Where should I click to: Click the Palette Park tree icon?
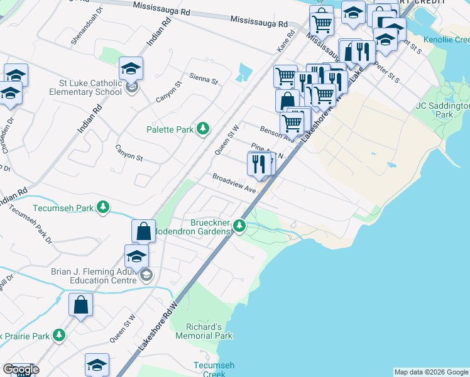point(202,129)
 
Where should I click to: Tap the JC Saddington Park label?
point(442,111)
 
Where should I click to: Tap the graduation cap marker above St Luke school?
point(131,68)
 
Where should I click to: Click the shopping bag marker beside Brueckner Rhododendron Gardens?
point(144,231)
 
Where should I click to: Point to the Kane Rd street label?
point(285,43)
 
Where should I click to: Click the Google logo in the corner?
point(20,369)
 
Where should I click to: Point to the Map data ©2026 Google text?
point(431,372)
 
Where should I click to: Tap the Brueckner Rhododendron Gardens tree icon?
point(239,225)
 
